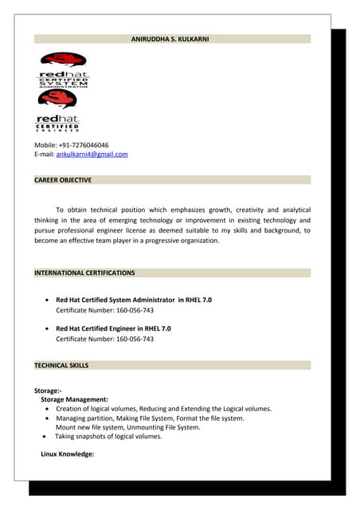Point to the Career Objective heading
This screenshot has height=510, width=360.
pos(63,180)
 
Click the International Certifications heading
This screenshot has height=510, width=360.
pos(84,273)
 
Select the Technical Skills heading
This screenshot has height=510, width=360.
pos(61,365)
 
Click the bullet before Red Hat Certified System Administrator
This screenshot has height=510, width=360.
pos(49,300)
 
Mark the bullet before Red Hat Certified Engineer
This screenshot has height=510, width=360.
pos(49,328)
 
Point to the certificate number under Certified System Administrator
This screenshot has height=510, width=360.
pos(104,310)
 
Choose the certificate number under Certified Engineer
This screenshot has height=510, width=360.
pos(104,339)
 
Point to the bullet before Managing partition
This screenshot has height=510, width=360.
pos(49,418)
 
